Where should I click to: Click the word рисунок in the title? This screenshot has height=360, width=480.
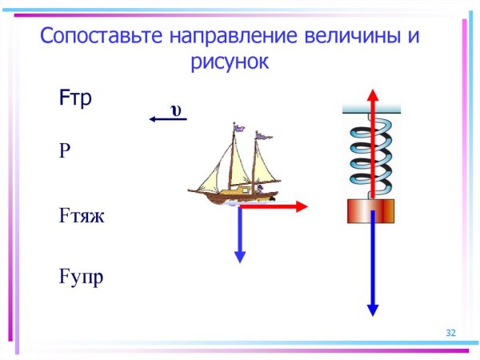229,63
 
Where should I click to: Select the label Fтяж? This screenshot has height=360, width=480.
82,216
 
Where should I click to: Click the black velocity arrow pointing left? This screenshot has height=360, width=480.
167,120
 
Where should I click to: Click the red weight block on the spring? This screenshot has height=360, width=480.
372,211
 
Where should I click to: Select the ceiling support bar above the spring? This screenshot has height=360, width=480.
372,107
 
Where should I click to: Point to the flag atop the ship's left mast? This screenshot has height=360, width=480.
238,126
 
